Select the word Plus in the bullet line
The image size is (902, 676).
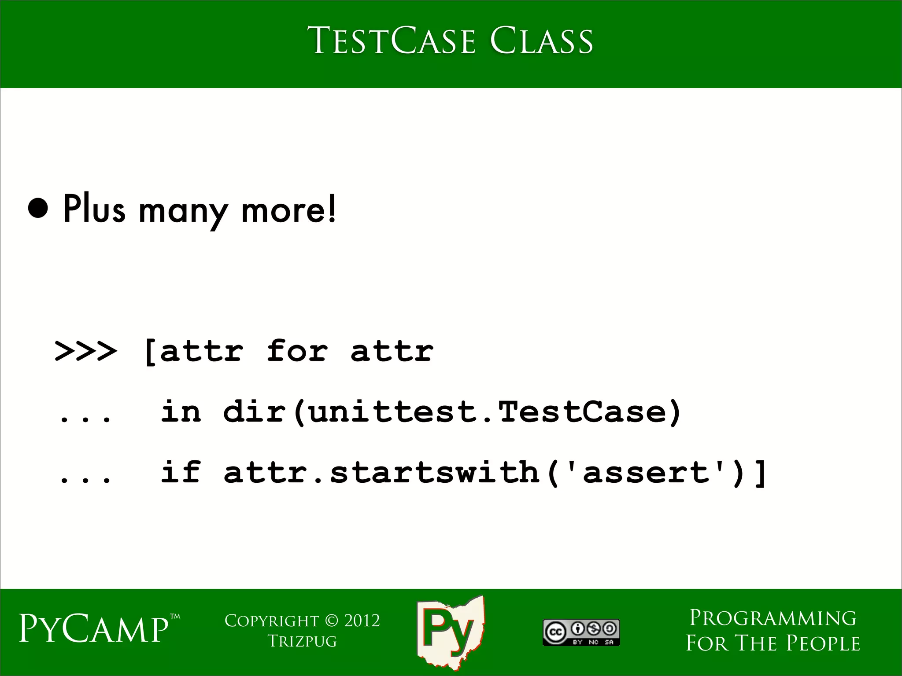pos(94,209)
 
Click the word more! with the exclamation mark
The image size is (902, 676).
pos(288,209)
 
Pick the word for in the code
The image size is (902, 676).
pos(297,351)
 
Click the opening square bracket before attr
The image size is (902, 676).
pos(150,352)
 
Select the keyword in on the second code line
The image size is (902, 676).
pos(181,411)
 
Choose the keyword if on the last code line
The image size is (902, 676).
pos(181,472)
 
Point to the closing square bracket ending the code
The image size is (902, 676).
pos(761,473)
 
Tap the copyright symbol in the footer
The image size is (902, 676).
pos(332,621)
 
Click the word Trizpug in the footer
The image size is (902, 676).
pos(302,641)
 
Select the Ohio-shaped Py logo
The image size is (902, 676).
pos(450,632)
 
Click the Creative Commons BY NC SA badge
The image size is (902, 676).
pos(581,632)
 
